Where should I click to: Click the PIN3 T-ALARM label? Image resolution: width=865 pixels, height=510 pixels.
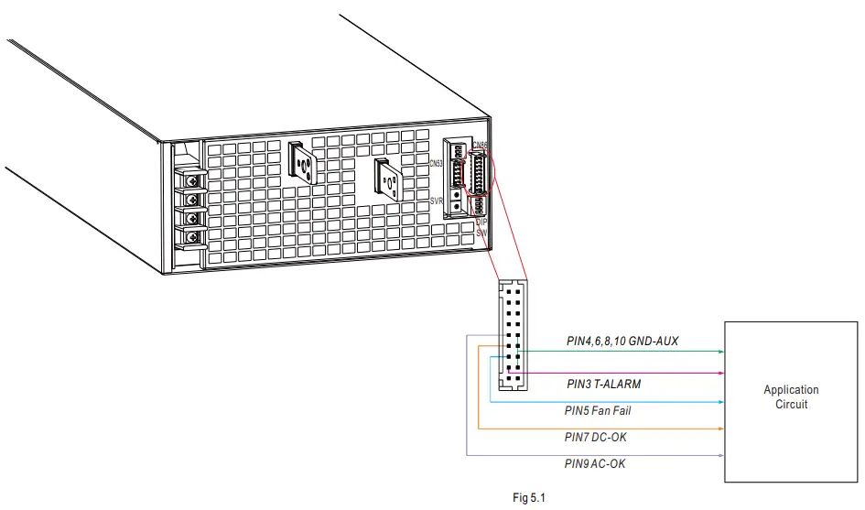coord(604,385)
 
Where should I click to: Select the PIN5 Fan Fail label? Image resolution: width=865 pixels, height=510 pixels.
coord(597,411)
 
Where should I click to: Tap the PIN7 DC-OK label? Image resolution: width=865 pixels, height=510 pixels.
coord(596,438)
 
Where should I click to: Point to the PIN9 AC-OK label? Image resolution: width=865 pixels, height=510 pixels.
coord(595,464)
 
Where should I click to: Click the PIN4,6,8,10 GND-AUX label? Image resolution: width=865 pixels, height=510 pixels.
coord(622,342)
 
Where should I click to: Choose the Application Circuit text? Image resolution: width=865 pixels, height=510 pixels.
coord(791,396)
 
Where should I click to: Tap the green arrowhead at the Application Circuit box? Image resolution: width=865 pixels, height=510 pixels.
coord(721,352)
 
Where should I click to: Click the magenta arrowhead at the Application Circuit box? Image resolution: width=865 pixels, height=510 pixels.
coord(721,374)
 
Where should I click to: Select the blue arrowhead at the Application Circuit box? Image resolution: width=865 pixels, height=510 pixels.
coord(721,402)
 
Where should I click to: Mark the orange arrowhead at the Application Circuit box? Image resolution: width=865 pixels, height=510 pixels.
coord(721,429)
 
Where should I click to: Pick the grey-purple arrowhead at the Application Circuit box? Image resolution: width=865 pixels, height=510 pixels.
coord(721,455)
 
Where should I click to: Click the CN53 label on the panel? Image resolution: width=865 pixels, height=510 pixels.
coord(436,164)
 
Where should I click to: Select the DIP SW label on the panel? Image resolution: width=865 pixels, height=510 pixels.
coord(482,227)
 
